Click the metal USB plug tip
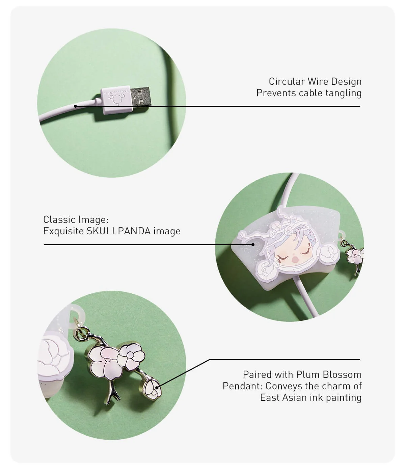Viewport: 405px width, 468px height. tap(140, 96)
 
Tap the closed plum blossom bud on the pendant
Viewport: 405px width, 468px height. tap(153, 389)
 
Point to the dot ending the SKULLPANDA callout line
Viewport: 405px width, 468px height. tap(253, 244)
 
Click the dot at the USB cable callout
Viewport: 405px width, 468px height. tap(76, 106)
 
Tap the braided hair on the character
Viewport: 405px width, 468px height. tap(271, 254)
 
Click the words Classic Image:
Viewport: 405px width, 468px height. tap(76, 219)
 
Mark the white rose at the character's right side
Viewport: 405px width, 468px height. tap(328, 255)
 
